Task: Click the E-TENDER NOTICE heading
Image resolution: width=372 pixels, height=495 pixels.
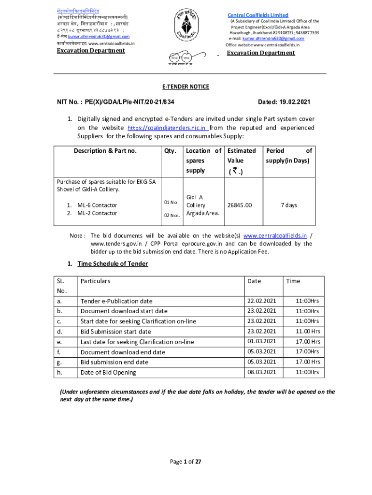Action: (186, 87)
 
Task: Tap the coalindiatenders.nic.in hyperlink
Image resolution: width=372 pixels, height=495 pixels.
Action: (168, 128)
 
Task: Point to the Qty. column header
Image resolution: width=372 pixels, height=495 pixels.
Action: (170, 151)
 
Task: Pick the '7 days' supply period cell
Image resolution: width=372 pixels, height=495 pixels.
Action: (289, 205)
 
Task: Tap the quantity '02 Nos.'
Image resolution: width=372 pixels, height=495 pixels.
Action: (172, 215)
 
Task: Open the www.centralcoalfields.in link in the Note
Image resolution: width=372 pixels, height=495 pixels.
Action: (275, 236)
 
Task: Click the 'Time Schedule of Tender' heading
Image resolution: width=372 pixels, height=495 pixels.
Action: (113, 263)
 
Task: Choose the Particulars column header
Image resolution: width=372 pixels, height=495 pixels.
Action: (95, 281)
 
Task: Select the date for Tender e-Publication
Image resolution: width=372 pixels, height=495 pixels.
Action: (261, 301)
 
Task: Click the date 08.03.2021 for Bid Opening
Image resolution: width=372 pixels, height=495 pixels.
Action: (261, 372)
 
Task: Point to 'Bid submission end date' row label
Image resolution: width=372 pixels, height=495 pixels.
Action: (114, 362)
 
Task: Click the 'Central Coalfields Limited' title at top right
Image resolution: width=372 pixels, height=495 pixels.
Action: (258, 15)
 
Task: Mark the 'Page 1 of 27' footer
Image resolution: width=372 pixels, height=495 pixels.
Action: (186, 462)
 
